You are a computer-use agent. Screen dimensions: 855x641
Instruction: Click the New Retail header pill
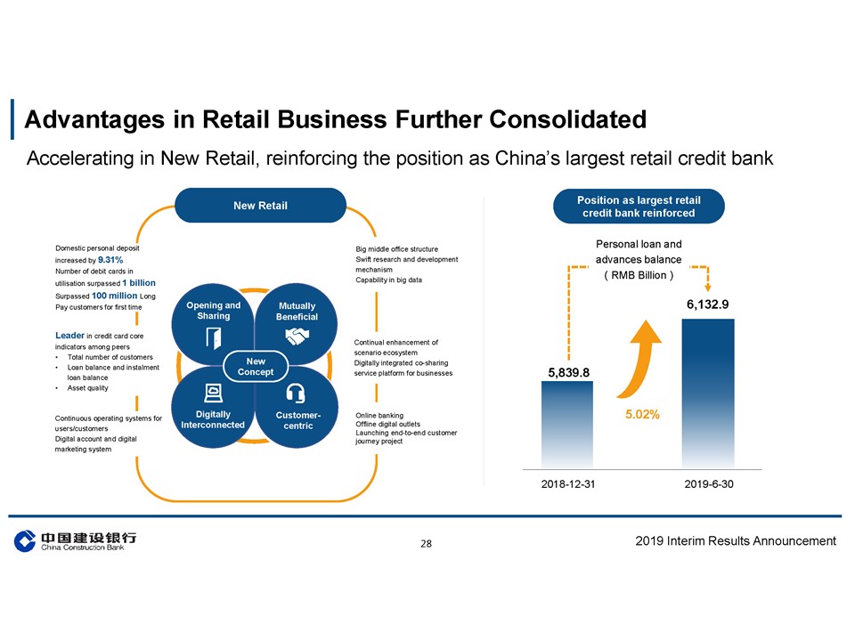[x=260, y=206]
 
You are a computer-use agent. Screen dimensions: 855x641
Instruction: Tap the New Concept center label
[x=256, y=367]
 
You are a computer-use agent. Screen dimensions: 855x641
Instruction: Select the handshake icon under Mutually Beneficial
[x=297, y=337]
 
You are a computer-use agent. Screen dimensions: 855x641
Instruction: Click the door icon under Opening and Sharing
[x=213, y=338]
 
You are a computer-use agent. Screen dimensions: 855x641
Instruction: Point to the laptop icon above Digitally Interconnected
[x=213, y=393]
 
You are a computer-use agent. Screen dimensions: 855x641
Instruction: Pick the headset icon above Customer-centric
[x=296, y=394]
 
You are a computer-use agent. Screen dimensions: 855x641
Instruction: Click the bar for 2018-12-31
[x=567, y=425]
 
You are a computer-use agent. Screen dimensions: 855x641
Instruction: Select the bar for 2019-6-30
[x=708, y=394]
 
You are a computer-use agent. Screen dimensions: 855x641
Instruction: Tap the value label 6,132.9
[x=707, y=304]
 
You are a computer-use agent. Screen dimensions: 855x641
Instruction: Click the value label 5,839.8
[x=568, y=372]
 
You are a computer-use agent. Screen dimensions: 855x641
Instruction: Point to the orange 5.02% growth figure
[x=642, y=414]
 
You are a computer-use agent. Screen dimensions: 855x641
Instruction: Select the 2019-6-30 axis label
[x=709, y=484]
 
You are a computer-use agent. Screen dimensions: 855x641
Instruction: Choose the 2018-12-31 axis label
[x=567, y=484]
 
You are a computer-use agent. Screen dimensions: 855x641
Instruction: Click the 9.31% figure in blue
[x=110, y=260]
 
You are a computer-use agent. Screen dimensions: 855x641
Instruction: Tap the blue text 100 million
[x=115, y=296]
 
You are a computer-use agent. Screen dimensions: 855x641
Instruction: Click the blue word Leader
[x=69, y=336]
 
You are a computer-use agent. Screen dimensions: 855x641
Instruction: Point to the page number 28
[x=426, y=543]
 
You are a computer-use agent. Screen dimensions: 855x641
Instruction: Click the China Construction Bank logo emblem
[x=25, y=540]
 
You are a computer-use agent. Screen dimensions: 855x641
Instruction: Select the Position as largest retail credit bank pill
[x=639, y=207]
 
